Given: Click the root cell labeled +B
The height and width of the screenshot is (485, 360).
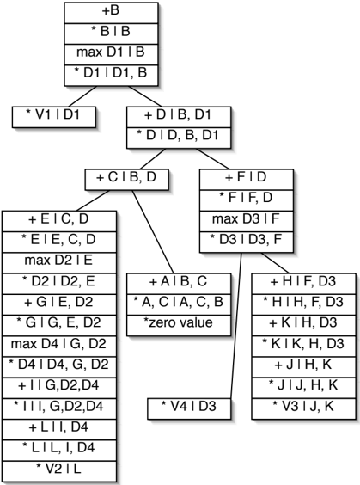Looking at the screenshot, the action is click(x=111, y=13).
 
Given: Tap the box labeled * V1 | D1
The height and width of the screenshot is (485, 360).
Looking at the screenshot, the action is click(x=54, y=117).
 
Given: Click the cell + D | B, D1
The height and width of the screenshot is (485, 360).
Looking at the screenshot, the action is click(x=179, y=117).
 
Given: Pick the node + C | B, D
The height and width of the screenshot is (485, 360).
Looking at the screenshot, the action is click(x=127, y=180).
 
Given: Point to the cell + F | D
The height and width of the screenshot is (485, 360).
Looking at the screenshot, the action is click(x=247, y=180).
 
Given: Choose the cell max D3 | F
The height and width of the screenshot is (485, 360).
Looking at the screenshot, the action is click(x=247, y=221).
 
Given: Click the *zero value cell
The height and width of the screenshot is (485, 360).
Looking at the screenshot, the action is click(x=179, y=325).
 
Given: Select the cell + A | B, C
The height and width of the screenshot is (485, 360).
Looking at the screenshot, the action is click(x=179, y=284).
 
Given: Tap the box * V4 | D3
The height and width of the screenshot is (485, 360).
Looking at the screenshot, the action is click(x=189, y=408).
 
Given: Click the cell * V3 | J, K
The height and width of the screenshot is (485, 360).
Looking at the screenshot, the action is click(x=304, y=408).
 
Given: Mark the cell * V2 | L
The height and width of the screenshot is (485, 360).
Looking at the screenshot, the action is click(x=59, y=471).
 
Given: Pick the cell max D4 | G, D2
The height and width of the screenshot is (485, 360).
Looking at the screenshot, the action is click(x=59, y=346).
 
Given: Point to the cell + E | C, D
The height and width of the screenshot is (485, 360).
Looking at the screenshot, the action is click(x=59, y=221).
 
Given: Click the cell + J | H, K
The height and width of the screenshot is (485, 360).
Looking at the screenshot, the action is click(x=304, y=367).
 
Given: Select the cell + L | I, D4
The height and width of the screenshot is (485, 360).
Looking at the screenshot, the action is click(x=59, y=430).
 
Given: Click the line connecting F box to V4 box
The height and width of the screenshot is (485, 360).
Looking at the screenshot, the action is click(x=236, y=325).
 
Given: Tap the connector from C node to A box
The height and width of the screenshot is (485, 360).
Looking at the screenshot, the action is click(x=153, y=231).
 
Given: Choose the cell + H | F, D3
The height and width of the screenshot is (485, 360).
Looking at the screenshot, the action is click(x=304, y=284).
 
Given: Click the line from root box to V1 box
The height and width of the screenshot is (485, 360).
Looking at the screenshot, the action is click(x=82, y=96).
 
